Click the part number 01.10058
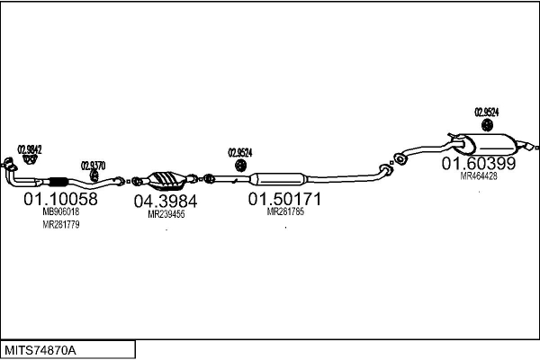60,198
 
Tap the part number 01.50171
285,198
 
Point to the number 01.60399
478,164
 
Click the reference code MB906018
61,212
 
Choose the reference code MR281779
61,225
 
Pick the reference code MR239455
166,215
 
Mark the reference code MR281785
285,212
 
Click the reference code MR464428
479,176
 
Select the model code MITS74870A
41,349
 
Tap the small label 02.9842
31,148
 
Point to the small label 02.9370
93,165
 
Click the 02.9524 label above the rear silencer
487,112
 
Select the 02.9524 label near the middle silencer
239,152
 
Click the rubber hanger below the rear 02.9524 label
486,125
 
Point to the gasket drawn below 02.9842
29,160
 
